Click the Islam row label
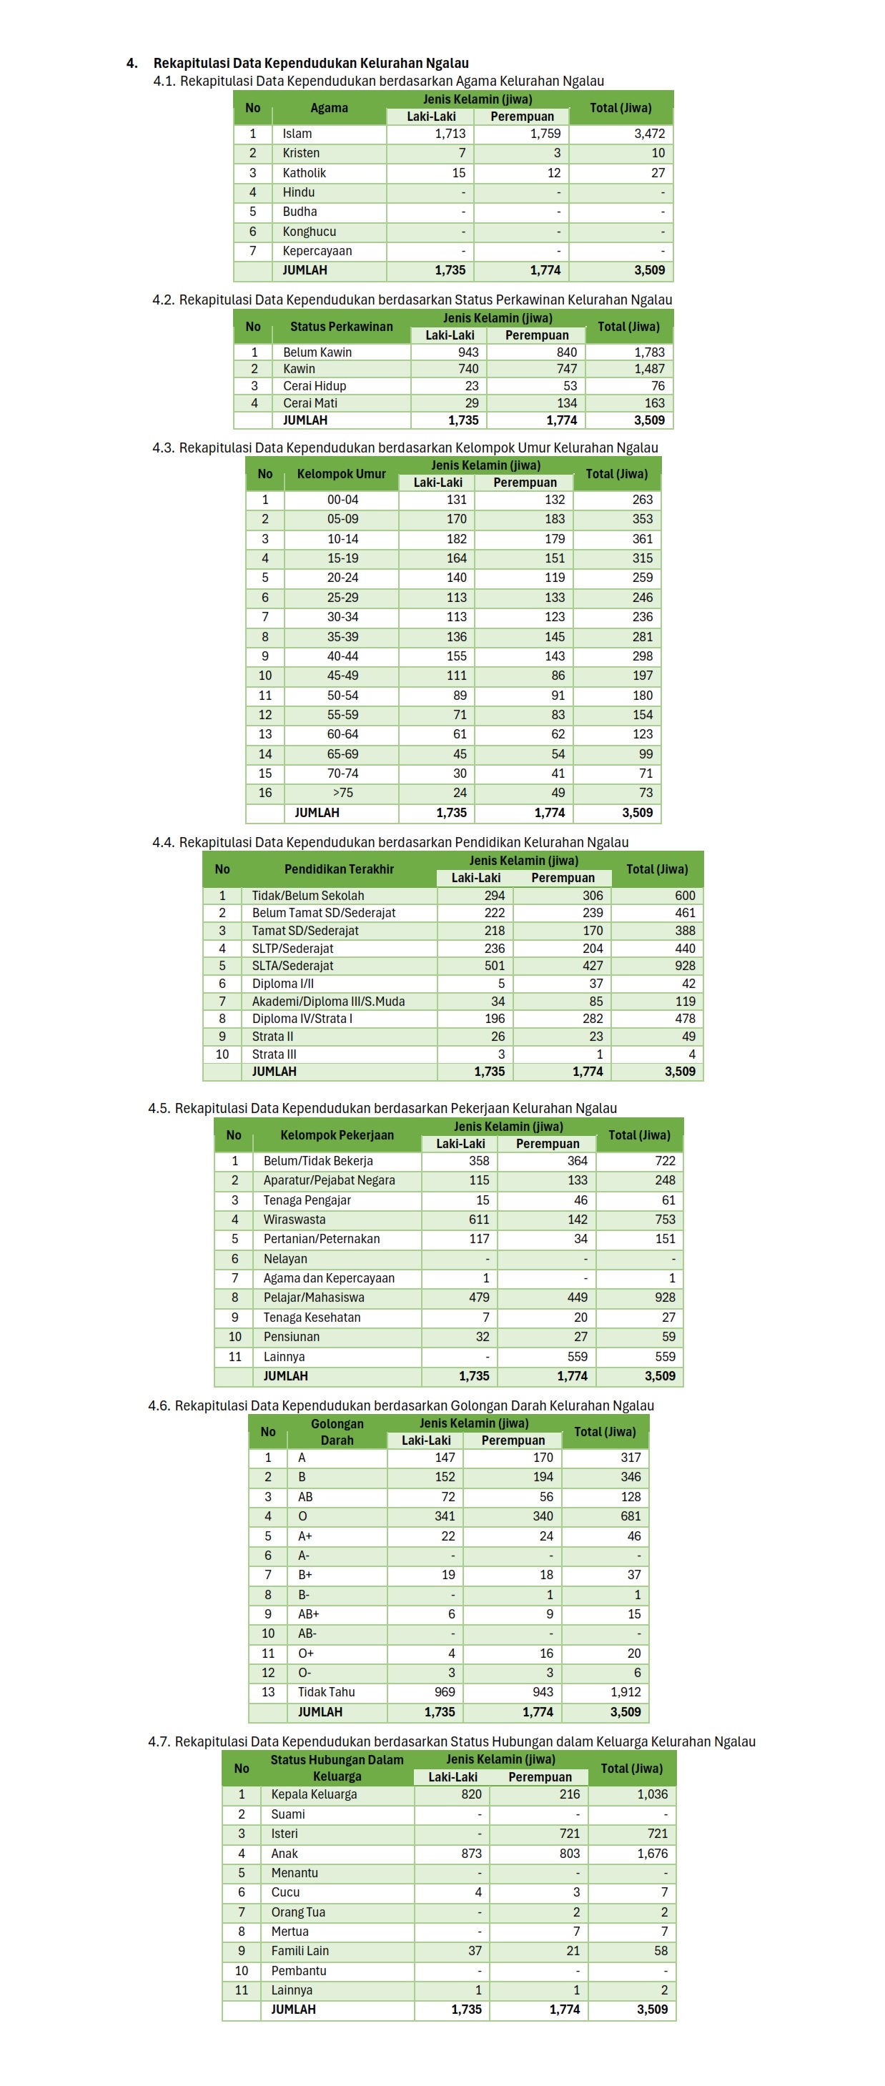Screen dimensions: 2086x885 [297, 134]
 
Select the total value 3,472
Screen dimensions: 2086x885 [648, 134]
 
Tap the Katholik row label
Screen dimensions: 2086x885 [304, 172]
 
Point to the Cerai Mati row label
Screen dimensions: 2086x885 [310, 402]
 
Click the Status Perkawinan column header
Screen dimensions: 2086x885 [341, 327]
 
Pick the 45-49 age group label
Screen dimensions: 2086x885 [342, 676]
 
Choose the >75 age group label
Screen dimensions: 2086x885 [342, 793]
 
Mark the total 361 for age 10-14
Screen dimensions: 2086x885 [642, 538]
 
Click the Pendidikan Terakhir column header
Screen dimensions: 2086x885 [338, 869]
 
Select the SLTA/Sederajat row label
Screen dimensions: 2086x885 [292, 965]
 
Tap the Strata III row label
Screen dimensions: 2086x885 [274, 1054]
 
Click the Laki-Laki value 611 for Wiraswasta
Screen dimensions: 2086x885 [478, 1219]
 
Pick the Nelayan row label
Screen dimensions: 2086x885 [285, 1258]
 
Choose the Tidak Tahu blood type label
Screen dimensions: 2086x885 [325, 1691]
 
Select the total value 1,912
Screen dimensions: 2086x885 [625, 1691]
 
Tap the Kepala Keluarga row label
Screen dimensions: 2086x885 [313, 1794]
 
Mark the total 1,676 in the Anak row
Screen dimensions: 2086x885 [652, 1853]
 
